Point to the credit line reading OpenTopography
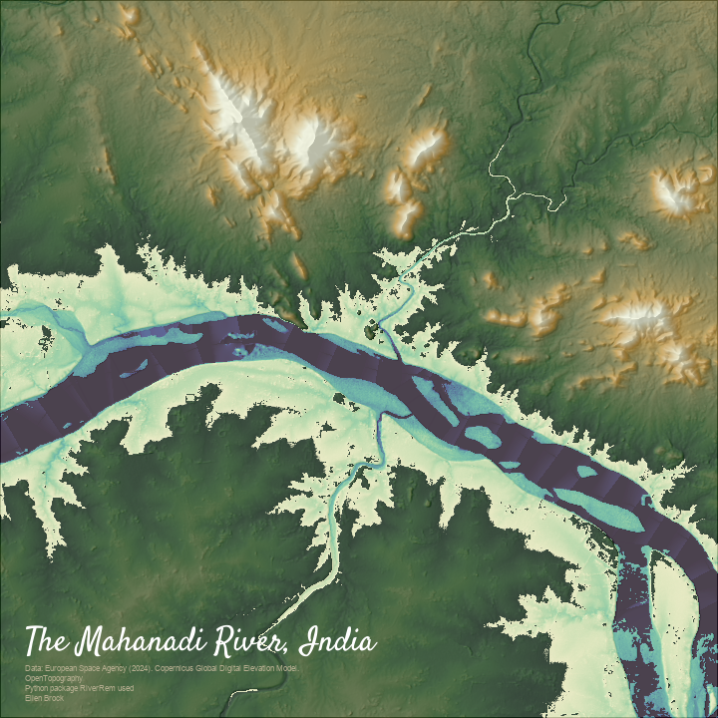point(55,678)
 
